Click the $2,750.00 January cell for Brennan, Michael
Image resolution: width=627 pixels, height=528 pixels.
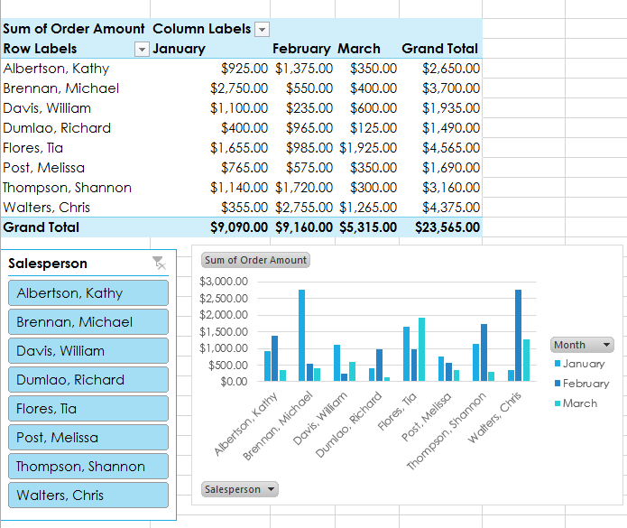pyautogui.click(x=239, y=88)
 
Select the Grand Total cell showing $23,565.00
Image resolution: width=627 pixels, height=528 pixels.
pyautogui.click(x=447, y=227)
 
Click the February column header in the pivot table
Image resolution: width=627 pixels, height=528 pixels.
pyautogui.click(x=302, y=49)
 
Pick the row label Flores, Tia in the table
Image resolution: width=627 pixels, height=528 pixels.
pyautogui.click(x=33, y=148)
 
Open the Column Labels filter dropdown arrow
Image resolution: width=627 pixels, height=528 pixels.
pyautogui.click(x=262, y=29)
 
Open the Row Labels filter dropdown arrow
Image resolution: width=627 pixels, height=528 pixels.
pyautogui.click(x=141, y=49)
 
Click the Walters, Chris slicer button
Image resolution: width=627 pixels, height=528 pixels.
pyautogui.click(x=88, y=496)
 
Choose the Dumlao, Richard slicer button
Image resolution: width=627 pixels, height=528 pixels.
pyautogui.click(x=88, y=380)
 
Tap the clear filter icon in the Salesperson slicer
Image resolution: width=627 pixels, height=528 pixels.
pyautogui.click(x=159, y=263)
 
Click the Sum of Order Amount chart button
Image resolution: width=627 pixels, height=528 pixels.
pyautogui.click(x=255, y=260)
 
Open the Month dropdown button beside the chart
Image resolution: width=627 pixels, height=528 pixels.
pyautogui.click(x=583, y=345)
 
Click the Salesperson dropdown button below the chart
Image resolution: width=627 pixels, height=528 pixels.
pyautogui.click(x=240, y=489)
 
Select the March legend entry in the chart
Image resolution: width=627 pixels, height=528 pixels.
pyautogui.click(x=579, y=403)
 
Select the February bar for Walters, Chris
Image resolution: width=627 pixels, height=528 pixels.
pyautogui.click(x=518, y=335)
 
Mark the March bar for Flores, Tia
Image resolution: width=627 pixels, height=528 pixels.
pyautogui.click(x=421, y=349)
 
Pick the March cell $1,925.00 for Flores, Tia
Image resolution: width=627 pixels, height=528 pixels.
pyautogui.click(x=368, y=148)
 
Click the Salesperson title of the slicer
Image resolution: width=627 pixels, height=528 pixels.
pyautogui.click(x=48, y=264)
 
